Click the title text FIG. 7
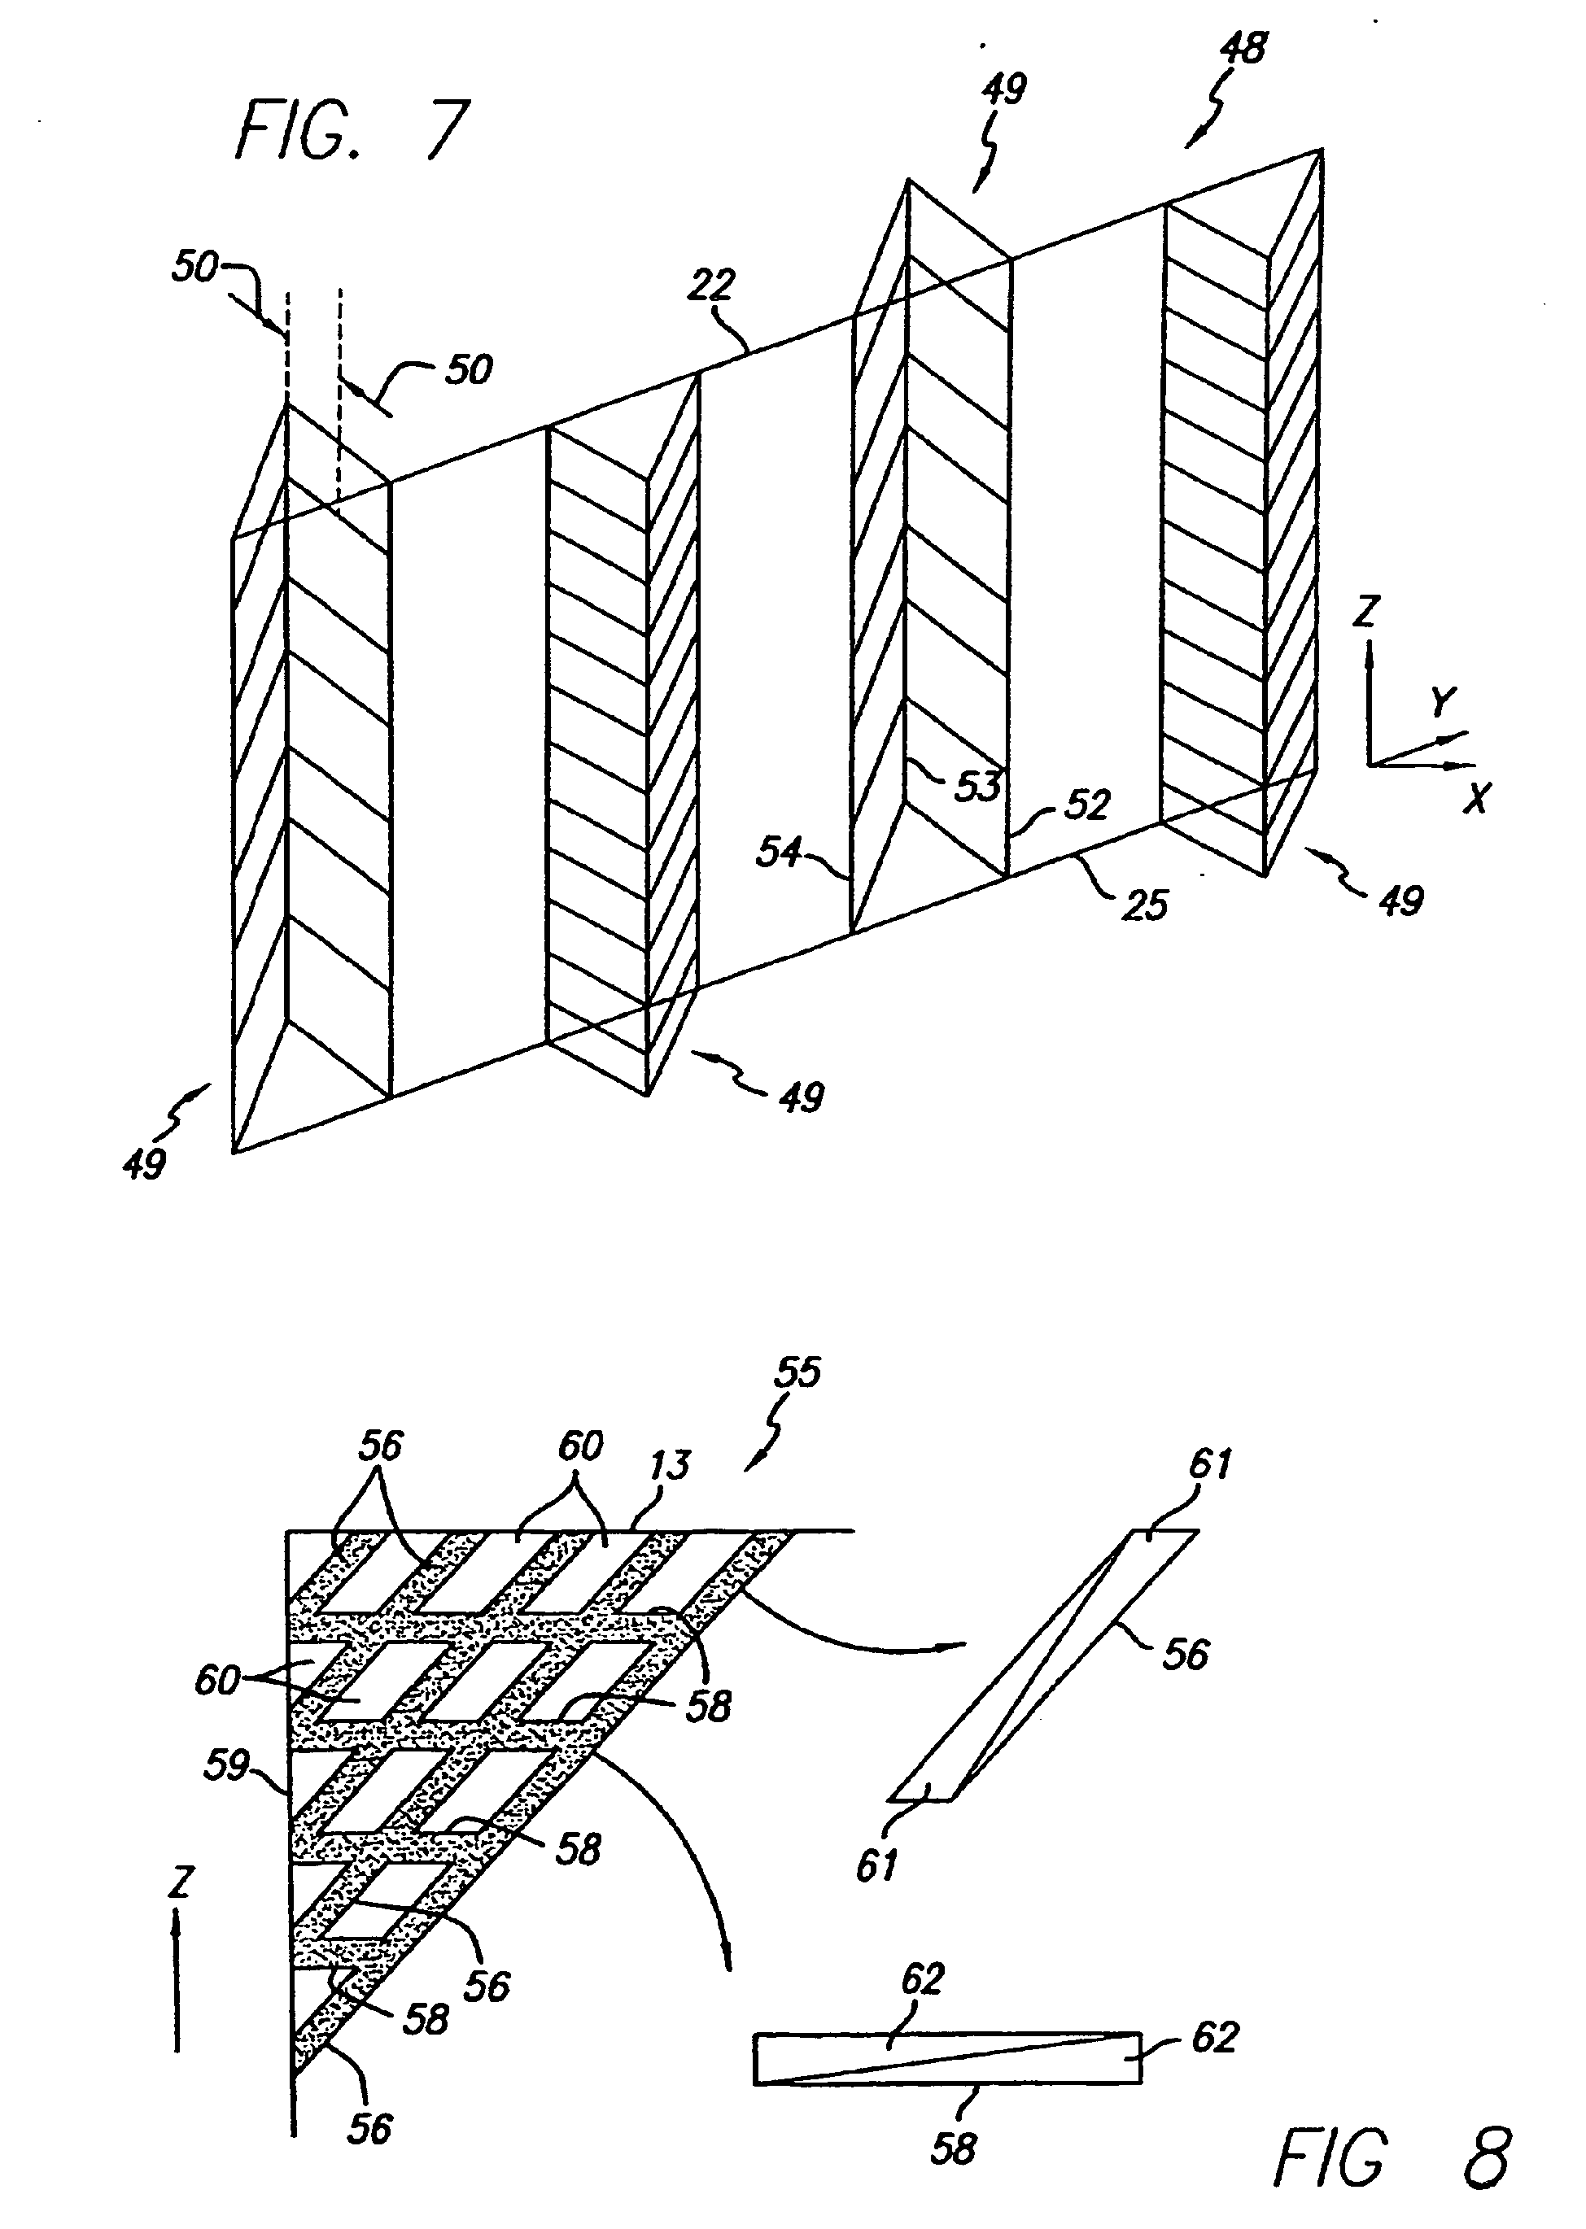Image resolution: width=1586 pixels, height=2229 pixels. pyautogui.click(x=353, y=131)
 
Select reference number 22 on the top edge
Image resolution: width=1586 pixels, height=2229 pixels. pyautogui.click(x=711, y=285)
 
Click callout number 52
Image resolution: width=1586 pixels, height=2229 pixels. pyautogui.click(x=1087, y=805)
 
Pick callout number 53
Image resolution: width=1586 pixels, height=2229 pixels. pyautogui.click(x=977, y=785)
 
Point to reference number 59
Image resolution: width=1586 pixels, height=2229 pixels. pyautogui.click(x=228, y=1765)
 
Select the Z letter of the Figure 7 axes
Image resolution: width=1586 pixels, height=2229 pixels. pyautogui.click(x=1366, y=611)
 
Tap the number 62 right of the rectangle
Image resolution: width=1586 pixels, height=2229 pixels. pyautogui.click(x=1214, y=2038)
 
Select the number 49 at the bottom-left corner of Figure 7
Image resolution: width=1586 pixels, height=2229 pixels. pyautogui.click(x=145, y=1164)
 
